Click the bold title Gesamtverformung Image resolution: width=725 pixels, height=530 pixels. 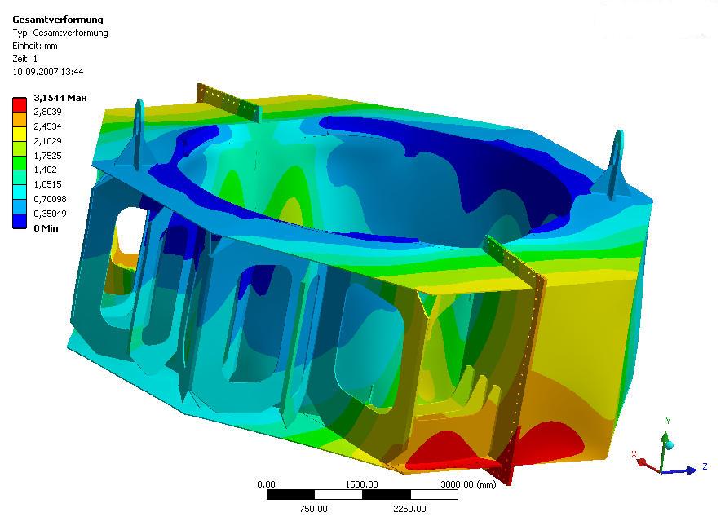click(58, 20)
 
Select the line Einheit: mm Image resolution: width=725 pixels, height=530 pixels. click(35, 46)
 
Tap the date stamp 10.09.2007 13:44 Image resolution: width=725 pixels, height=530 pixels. click(48, 72)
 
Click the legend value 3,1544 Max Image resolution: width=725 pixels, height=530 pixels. click(60, 98)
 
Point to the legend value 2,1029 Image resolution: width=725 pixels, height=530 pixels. click(47, 141)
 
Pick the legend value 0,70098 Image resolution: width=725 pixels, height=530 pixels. click(51, 199)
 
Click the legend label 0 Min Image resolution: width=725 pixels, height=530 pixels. click(46, 228)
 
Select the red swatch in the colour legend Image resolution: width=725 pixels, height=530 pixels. click(20, 104)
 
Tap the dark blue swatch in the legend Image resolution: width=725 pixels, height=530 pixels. click(20, 221)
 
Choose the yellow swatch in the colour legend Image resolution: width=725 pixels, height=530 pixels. click(20, 134)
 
